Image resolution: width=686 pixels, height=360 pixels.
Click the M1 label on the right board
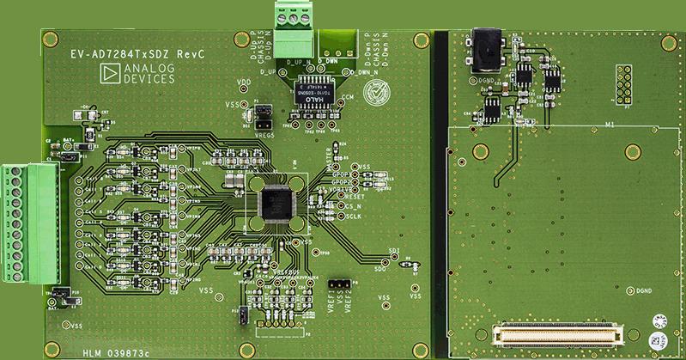pyautogui.click(x=610, y=125)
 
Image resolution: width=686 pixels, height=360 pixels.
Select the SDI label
pyautogui.click(x=394, y=251)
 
